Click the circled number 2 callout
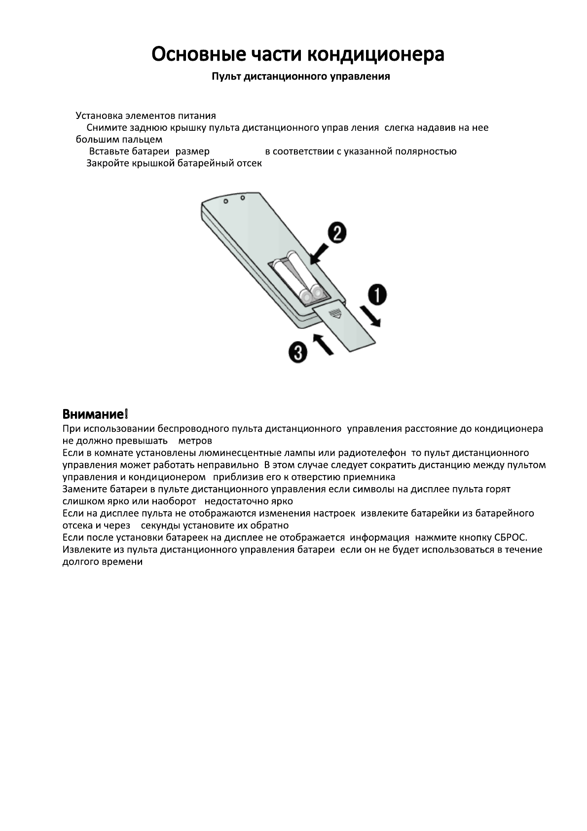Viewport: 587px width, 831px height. [x=337, y=233]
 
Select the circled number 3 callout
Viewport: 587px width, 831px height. [x=298, y=353]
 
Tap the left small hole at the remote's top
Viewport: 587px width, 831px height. [x=225, y=201]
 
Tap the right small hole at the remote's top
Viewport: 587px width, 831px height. [x=243, y=198]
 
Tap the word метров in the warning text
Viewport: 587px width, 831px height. [x=195, y=441]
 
